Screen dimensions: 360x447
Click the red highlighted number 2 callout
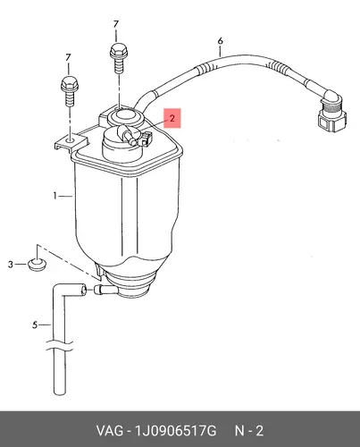click(x=172, y=118)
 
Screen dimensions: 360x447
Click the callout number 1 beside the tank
click(x=55, y=196)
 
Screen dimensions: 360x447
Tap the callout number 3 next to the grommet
click(x=11, y=265)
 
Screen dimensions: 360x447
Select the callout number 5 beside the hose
click(x=35, y=325)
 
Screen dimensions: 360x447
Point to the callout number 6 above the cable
click(x=220, y=41)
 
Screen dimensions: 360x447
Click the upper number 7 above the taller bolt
click(x=116, y=24)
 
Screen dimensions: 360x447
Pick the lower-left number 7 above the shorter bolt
click(x=68, y=57)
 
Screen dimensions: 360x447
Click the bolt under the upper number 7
click(x=119, y=58)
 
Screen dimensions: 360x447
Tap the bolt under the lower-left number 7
click(x=70, y=90)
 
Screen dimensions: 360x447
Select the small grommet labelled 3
click(x=37, y=265)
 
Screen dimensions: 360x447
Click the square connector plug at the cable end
click(x=331, y=117)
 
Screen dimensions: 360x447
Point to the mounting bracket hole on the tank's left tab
click(x=71, y=139)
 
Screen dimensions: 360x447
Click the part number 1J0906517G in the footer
click(x=176, y=431)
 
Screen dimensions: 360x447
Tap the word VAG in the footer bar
click(x=109, y=431)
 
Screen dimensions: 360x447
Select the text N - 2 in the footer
click(x=249, y=431)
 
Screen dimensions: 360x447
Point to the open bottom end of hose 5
click(x=59, y=393)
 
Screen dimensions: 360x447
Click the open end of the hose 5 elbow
click(x=84, y=290)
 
